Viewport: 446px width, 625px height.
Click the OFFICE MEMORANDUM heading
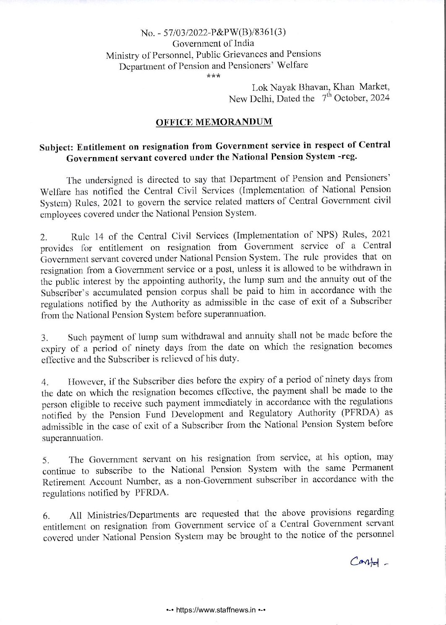pyautogui.click(x=214, y=122)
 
